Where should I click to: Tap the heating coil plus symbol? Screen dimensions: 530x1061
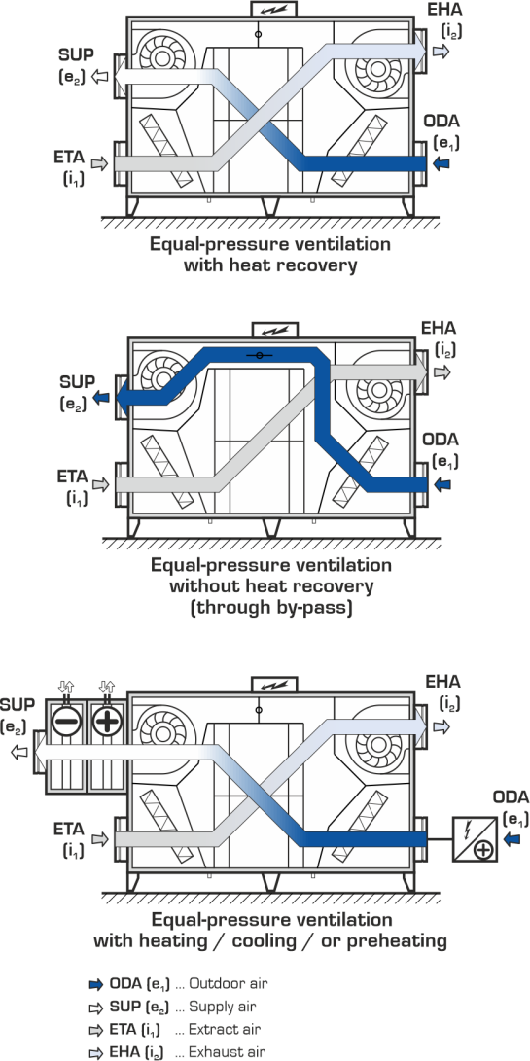tap(106, 722)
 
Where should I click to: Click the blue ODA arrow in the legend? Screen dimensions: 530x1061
tap(95, 984)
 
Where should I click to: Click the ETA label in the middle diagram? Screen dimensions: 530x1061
tap(72, 476)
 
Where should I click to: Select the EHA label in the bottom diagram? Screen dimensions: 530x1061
tap(442, 681)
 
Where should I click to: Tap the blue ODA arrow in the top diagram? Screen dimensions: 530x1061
tap(442, 163)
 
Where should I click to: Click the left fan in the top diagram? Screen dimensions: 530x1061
tap(162, 57)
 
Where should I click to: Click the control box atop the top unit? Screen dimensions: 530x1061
tap(274, 10)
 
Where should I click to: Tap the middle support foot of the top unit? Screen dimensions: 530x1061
tap(270, 206)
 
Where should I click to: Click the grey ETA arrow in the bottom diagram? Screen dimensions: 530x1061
tap(99, 839)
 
